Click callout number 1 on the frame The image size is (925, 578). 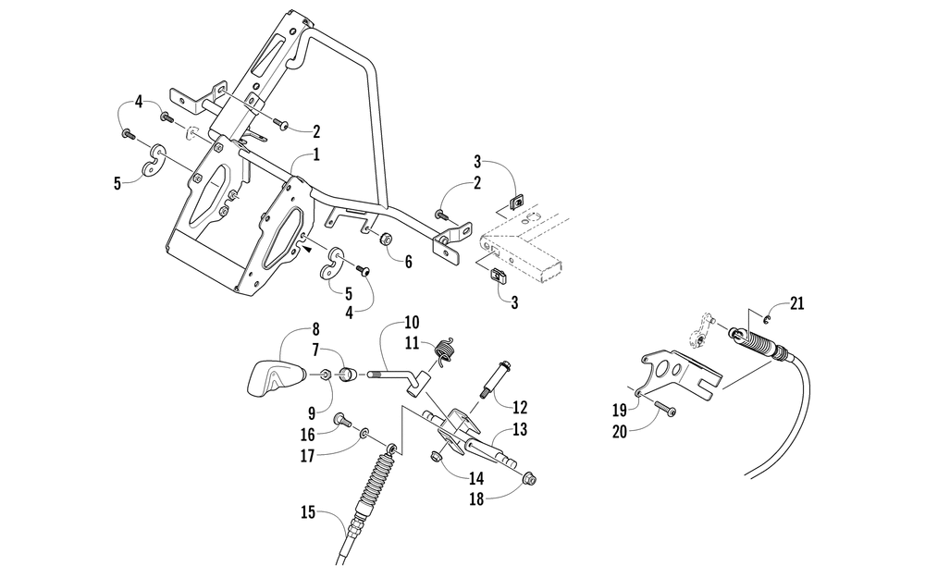[316, 153]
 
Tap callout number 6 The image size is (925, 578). [408, 261]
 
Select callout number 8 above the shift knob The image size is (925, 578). [314, 328]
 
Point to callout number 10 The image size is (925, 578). [411, 323]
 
